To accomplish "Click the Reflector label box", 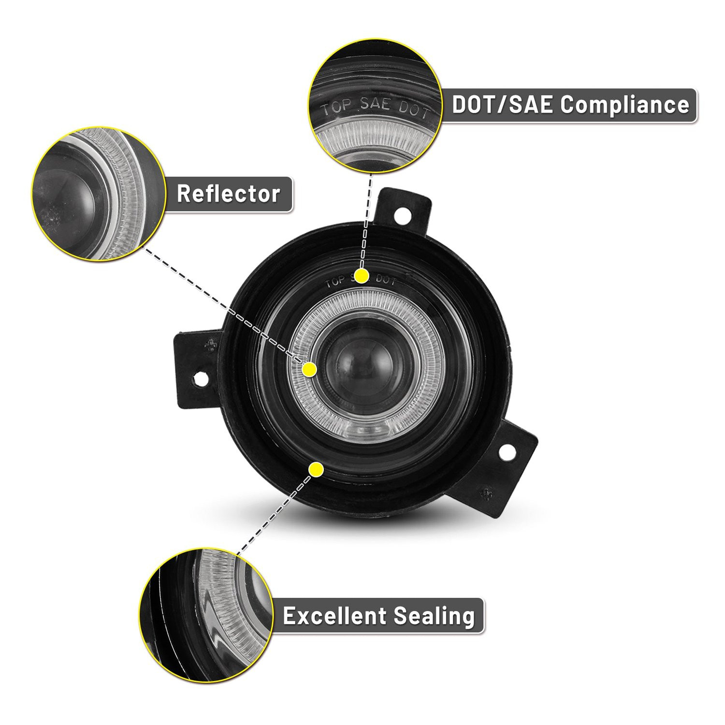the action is pyautogui.click(x=229, y=194).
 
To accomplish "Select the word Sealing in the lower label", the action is pyautogui.click(x=434, y=617).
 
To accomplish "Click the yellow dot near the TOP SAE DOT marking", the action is pyautogui.click(x=362, y=276).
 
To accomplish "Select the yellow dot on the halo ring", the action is pyautogui.click(x=309, y=370).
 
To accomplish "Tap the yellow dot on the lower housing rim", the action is pyautogui.click(x=316, y=469).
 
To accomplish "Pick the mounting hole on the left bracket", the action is pyautogui.click(x=199, y=379).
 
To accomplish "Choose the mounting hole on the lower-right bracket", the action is pyautogui.click(x=506, y=452).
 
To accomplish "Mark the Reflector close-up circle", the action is pyautogui.click(x=99, y=194).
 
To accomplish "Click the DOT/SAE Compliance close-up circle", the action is pyautogui.click(x=376, y=105).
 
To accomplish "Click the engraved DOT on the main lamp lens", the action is pyautogui.click(x=386, y=280).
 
